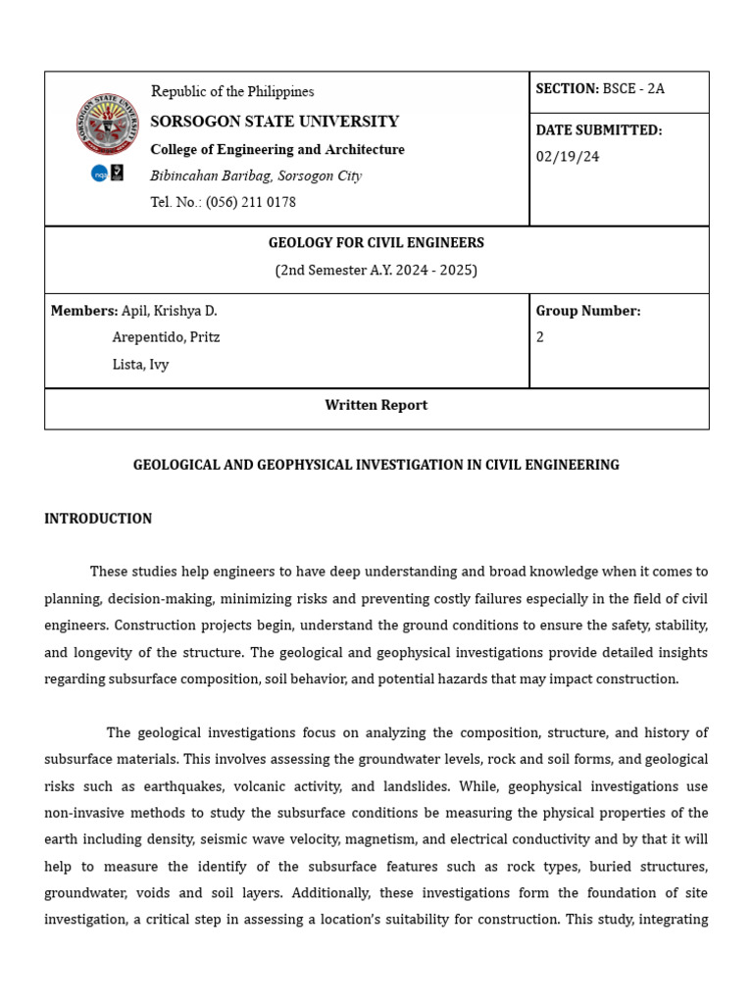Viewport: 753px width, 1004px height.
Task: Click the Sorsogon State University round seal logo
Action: pyautogui.click(x=108, y=124)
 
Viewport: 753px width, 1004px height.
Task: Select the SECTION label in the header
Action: pyautogui.click(x=567, y=88)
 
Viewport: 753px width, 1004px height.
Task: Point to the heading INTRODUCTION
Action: pyautogui.click(x=98, y=519)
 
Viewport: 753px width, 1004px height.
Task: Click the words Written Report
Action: pyautogui.click(x=376, y=405)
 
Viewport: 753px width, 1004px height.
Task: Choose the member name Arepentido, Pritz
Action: pyautogui.click(x=166, y=337)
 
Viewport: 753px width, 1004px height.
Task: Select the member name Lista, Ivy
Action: pyautogui.click(x=140, y=365)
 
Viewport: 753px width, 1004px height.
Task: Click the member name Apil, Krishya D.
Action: pyautogui.click(x=169, y=311)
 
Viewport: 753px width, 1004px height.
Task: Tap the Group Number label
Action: pyautogui.click(x=588, y=311)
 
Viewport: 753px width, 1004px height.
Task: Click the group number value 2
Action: pyautogui.click(x=540, y=337)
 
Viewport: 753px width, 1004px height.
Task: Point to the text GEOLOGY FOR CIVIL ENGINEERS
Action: pyautogui.click(x=376, y=243)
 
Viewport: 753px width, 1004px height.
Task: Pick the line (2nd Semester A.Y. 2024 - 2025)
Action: pyautogui.click(x=376, y=270)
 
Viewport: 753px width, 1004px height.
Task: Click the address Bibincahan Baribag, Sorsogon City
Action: pyautogui.click(x=256, y=176)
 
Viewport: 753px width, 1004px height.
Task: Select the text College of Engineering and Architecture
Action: pyautogui.click(x=277, y=149)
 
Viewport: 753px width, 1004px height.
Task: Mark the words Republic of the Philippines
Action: pyautogui.click(x=232, y=91)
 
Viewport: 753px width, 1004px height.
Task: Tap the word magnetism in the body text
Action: pyautogui.click(x=419, y=839)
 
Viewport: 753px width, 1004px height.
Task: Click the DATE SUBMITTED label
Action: pyautogui.click(x=599, y=130)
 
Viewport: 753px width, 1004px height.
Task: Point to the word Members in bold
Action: pyautogui.click(x=83, y=311)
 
